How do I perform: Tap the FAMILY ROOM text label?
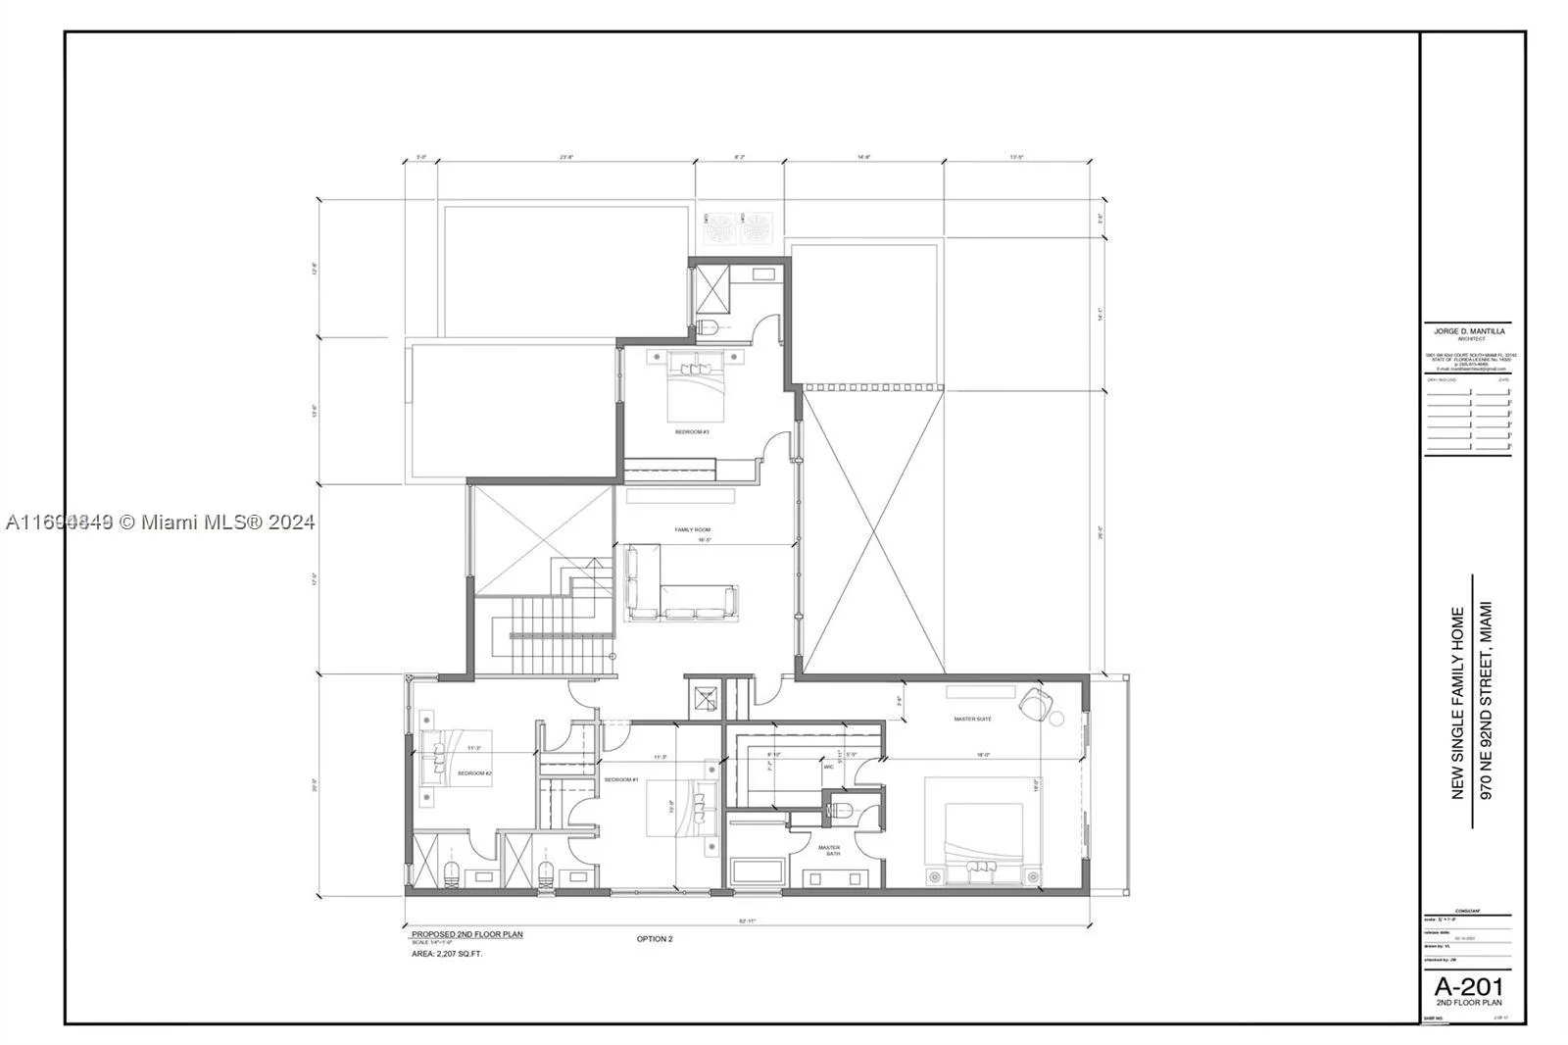[692, 529]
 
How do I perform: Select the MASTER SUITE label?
[972, 719]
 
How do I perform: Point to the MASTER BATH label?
[829, 850]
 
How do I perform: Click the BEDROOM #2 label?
[474, 773]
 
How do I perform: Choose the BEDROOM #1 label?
[621, 779]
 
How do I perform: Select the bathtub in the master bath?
[756, 871]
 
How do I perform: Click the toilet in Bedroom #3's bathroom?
[710, 326]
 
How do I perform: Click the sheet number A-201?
[1468, 986]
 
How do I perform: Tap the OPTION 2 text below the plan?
[655, 939]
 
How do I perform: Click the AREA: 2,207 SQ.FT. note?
[447, 953]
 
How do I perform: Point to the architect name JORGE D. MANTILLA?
[1467, 332]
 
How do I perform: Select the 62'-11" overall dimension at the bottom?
[747, 921]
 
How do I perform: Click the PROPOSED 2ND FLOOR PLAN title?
[466, 934]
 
